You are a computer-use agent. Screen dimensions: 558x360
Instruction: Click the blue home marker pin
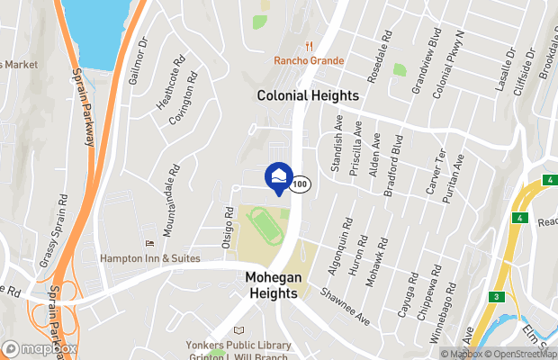click(x=279, y=176)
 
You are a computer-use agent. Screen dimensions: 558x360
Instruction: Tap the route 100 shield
click(x=301, y=184)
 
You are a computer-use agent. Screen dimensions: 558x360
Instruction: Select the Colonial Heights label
click(x=308, y=95)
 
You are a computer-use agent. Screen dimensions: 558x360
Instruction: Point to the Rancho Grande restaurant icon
click(x=309, y=46)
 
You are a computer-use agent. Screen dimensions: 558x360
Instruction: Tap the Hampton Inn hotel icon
click(x=149, y=244)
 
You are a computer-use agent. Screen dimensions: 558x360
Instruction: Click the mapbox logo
click(x=40, y=348)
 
